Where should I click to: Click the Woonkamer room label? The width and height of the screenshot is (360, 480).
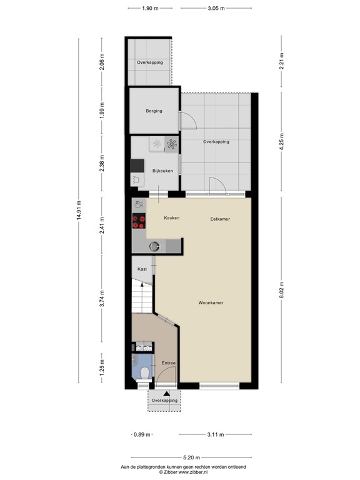point(212,302)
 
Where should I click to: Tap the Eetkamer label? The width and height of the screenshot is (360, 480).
point(219,219)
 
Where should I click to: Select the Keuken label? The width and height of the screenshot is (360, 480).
point(172,217)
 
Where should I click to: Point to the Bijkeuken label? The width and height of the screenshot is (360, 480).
point(162,171)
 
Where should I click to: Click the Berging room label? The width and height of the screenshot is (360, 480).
point(154,111)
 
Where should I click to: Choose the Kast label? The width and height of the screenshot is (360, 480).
point(142,268)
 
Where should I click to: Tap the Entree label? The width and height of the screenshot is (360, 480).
point(168,363)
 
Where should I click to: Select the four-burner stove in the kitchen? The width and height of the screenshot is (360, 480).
point(139,221)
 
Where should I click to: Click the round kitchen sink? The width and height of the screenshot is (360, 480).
point(154,246)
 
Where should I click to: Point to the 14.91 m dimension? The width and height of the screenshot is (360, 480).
point(79,211)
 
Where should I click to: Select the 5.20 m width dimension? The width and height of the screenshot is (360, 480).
point(187,457)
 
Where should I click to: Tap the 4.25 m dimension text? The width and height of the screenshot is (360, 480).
point(282,141)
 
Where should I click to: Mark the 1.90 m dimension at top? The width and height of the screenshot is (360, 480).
point(149,8)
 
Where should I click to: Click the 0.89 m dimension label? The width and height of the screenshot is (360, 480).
point(141,434)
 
